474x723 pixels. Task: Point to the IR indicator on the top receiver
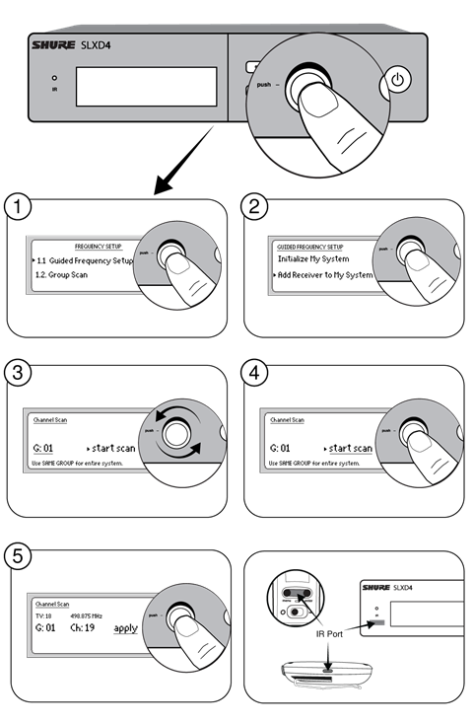55,78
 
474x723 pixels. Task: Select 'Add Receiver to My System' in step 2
325,273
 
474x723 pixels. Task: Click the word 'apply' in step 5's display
125,627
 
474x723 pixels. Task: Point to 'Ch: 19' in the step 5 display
82,627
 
